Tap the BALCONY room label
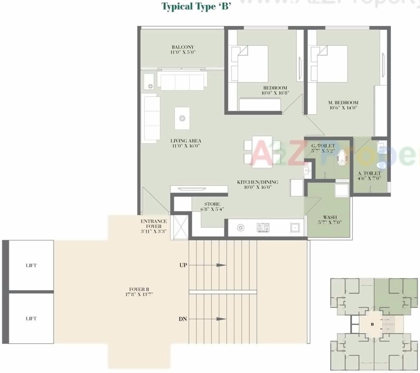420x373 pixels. click(x=183, y=50)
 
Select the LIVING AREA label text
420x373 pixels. click(x=186, y=143)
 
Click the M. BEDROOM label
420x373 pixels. click(x=343, y=105)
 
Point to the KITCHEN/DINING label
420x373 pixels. click(x=258, y=184)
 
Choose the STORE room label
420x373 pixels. click(x=212, y=206)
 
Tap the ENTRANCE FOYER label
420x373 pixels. click(x=154, y=226)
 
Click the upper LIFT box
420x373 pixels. click(x=31, y=266)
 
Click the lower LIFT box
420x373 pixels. click(x=31, y=319)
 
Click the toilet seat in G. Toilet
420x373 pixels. click(x=341, y=159)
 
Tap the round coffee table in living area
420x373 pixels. click(x=182, y=118)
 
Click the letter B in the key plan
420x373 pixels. click(x=372, y=325)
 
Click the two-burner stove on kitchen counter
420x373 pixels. click(x=263, y=228)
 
